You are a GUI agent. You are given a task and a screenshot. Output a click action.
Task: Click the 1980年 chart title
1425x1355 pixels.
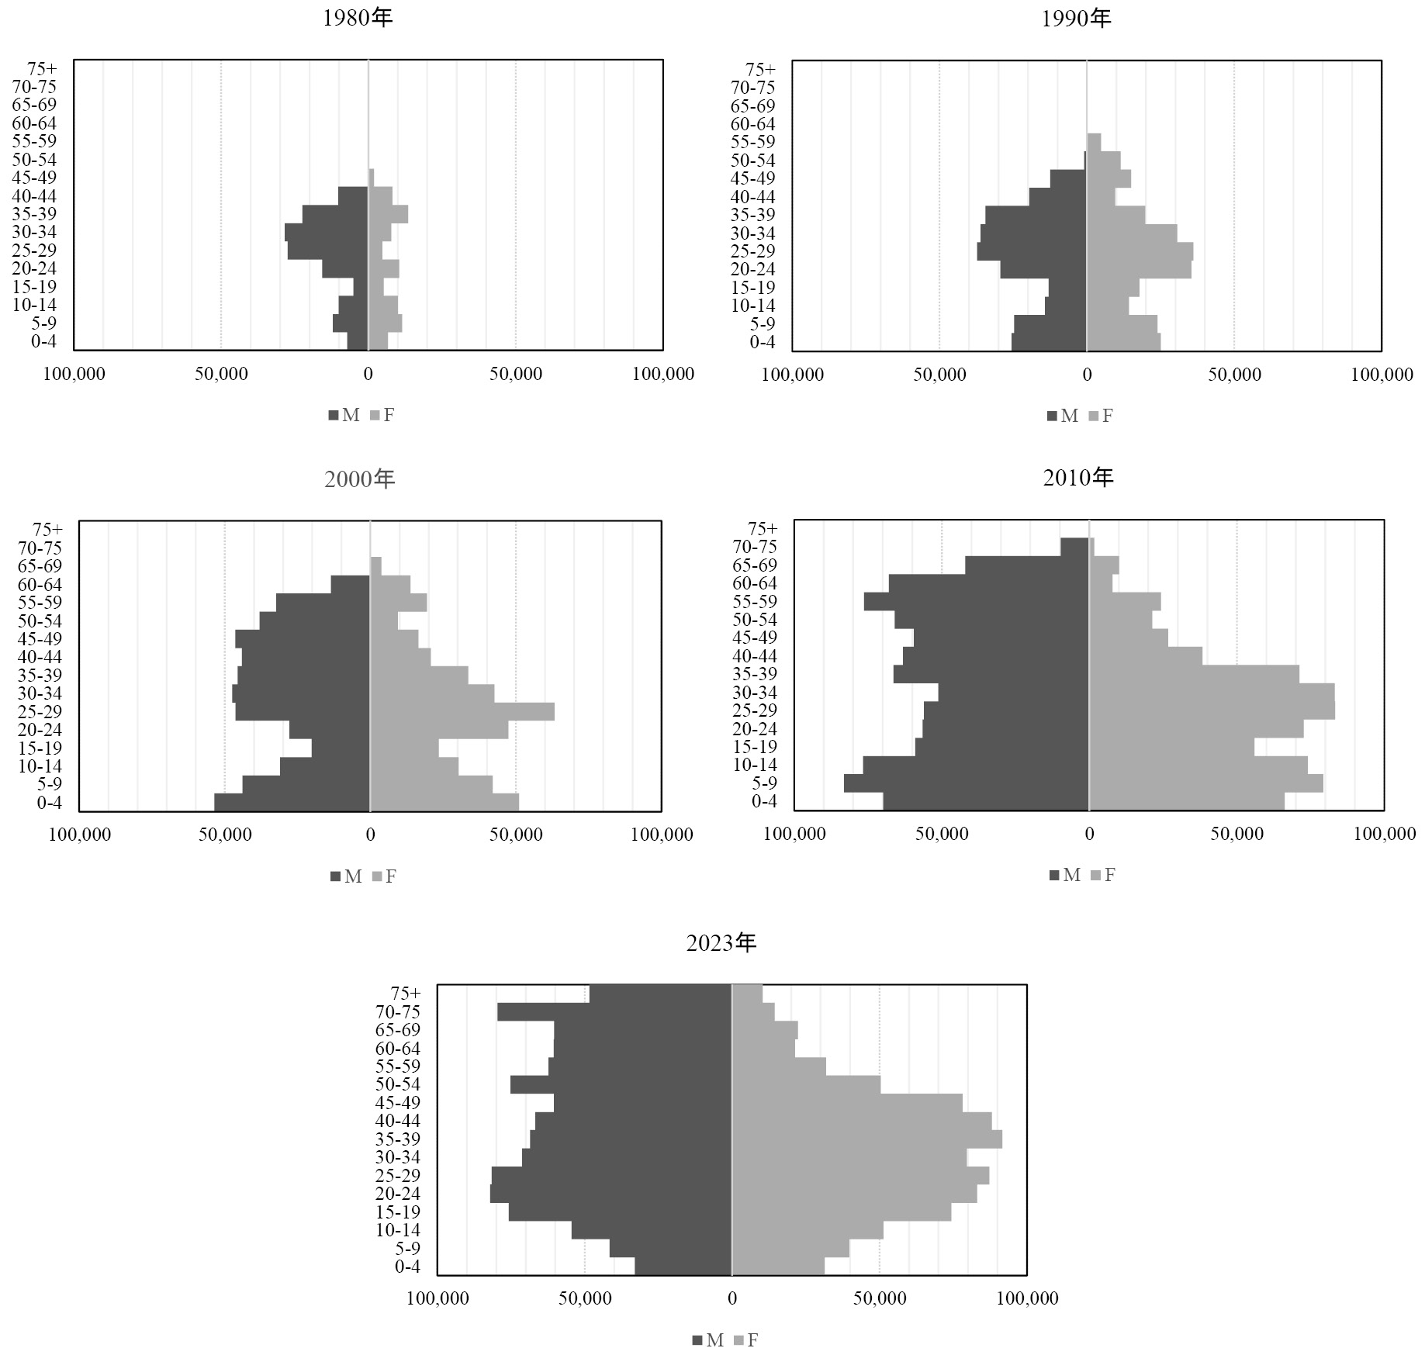coord(358,18)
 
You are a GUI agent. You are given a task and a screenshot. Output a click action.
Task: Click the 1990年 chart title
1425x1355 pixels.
coord(1076,18)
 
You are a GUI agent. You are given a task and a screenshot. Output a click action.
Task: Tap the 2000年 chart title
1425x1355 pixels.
coord(359,479)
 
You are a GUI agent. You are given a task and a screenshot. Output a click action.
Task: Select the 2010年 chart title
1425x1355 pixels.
coord(1078,477)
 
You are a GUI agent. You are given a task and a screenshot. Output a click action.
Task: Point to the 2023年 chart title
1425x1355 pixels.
coord(721,942)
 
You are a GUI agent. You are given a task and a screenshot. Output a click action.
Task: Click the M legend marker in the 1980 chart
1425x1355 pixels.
coord(334,416)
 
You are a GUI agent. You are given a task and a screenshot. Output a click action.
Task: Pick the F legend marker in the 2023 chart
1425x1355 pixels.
coord(738,1340)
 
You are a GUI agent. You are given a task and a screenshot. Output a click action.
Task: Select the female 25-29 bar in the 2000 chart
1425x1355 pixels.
coord(462,711)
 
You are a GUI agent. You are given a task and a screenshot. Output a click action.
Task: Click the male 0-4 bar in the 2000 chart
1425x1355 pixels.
coord(292,802)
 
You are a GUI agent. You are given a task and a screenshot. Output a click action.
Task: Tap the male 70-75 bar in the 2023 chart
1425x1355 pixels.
coord(614,1011)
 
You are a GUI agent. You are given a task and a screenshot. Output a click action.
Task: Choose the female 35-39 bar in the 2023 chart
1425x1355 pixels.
coord(866,1139)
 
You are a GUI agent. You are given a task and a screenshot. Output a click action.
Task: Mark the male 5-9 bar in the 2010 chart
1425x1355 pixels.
coord(966,783)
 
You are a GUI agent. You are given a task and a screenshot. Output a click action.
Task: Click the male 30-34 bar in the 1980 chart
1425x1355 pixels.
coord(326,232)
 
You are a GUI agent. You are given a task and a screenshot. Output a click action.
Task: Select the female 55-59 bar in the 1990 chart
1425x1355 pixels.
coord(1094,142)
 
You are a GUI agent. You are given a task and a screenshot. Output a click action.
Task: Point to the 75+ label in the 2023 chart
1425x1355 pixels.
coord(406,994)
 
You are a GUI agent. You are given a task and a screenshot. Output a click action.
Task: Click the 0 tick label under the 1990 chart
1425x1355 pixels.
coord(1087,375)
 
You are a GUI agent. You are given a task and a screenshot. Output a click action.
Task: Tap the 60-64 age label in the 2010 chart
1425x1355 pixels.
coord(754,583)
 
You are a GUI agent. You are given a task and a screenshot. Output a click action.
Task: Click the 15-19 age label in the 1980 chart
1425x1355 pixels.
coord(34,287)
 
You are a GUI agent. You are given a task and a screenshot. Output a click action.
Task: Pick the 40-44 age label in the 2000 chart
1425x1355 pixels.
coord(40,657)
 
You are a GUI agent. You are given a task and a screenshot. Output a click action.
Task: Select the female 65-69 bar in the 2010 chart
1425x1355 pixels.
coord(1104,565)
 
